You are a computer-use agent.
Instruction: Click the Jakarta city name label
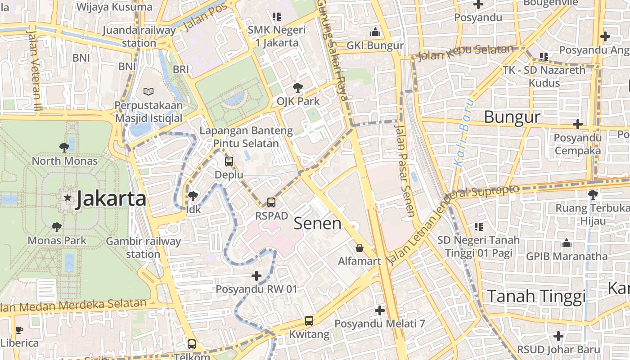tap(111, 198)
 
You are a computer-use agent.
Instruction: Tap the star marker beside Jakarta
tap(67, 198)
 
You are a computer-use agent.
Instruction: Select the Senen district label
tap(318, 223)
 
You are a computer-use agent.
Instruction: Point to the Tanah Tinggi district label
tap(536, 297)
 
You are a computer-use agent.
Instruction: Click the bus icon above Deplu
tap(229, 161)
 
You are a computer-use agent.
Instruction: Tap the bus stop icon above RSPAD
tap(271, 202)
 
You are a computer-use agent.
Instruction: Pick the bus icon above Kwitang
tap(309, 321)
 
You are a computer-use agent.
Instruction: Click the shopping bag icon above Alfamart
tap(360, 248)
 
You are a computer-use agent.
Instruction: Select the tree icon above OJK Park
tap(297, 87)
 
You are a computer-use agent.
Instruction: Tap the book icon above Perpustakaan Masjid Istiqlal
tap(148, 92)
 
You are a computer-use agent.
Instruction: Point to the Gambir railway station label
tap(143, 247)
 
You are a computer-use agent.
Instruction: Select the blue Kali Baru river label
tap(464, 133)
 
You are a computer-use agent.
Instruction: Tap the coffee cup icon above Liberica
tap(19, 330)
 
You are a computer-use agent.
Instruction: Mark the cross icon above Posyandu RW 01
tap(256, 275)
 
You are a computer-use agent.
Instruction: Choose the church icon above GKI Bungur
tap(375, 32)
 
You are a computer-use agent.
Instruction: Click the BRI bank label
tap(181, 69)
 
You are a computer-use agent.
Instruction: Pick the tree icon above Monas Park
tap(56, 227)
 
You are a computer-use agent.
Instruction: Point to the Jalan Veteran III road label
tap(33, 71)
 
